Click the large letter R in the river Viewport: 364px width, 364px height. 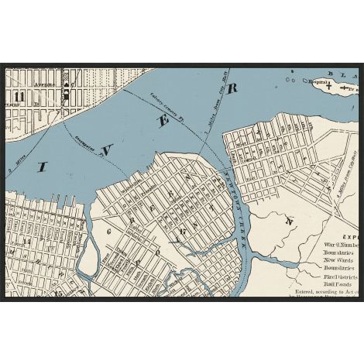(231, 88)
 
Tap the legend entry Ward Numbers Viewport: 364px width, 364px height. (338, 246)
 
